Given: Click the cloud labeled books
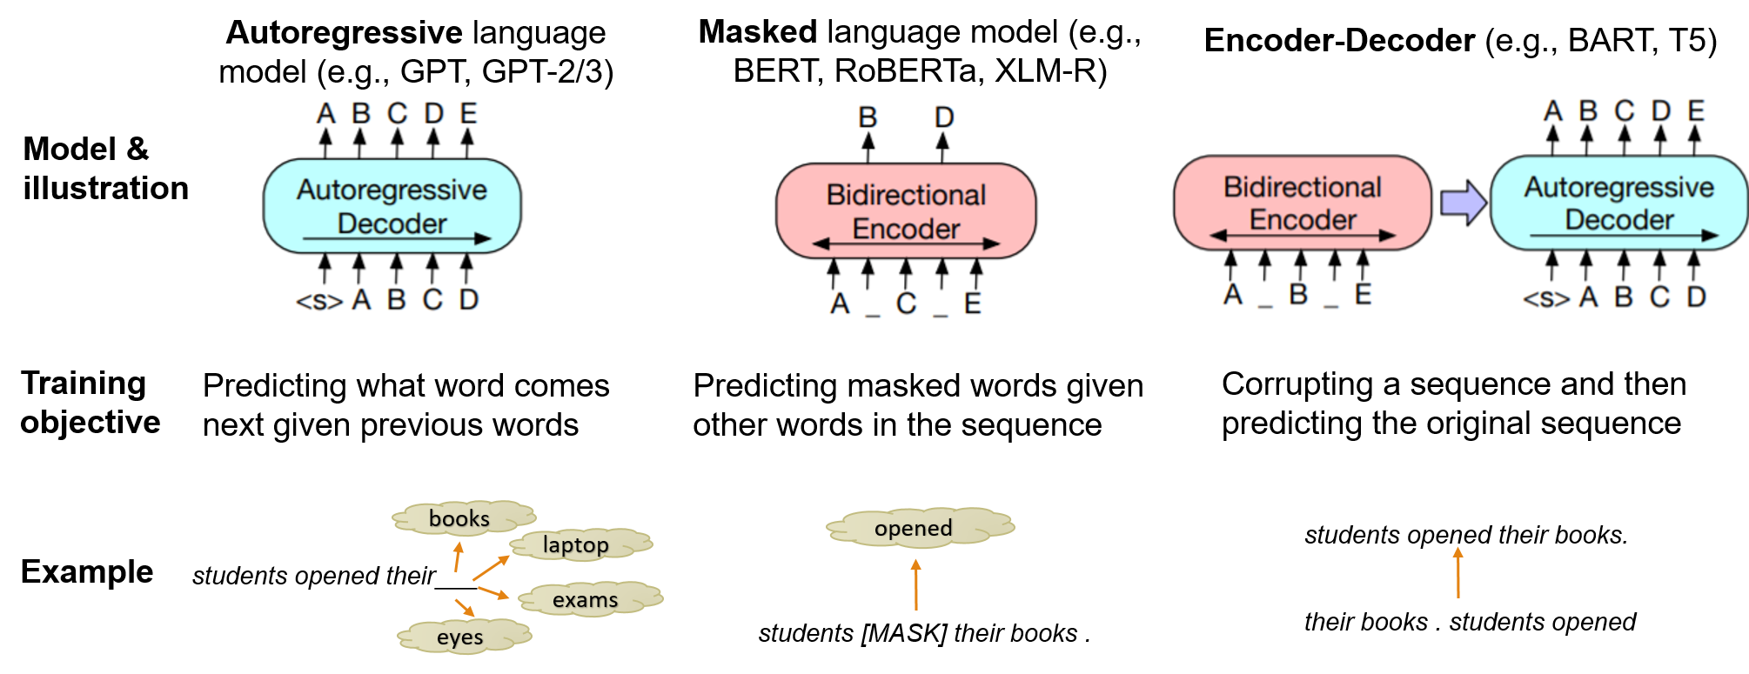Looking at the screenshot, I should coord(461,518).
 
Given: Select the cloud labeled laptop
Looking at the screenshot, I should coord(579,544).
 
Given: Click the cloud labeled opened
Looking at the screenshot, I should coord(918,528).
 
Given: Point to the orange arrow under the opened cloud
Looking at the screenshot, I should coord(915,584).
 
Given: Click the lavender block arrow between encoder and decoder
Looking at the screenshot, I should coord(1463,203).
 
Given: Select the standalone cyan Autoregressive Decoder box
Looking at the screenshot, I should coord(392,206).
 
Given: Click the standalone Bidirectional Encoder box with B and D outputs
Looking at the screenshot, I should coord(905,210).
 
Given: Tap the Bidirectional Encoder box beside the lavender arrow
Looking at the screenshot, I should coord(1302,203).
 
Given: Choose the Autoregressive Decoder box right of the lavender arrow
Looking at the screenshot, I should coord(1618,203).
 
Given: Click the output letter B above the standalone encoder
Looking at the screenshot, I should coord(868,117).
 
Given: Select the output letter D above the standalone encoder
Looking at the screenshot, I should coord(944,117).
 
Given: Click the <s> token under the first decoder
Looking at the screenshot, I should coord(319,301).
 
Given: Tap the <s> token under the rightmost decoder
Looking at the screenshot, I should coord(1546,298).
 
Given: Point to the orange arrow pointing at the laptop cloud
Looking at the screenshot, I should coord(491,568).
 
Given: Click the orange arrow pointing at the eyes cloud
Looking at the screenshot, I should coord(465,607).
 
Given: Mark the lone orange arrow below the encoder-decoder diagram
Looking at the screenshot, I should coord(1458,571).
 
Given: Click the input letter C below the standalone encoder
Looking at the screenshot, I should coord(906,304).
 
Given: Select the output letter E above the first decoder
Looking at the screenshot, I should coord(468,113).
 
